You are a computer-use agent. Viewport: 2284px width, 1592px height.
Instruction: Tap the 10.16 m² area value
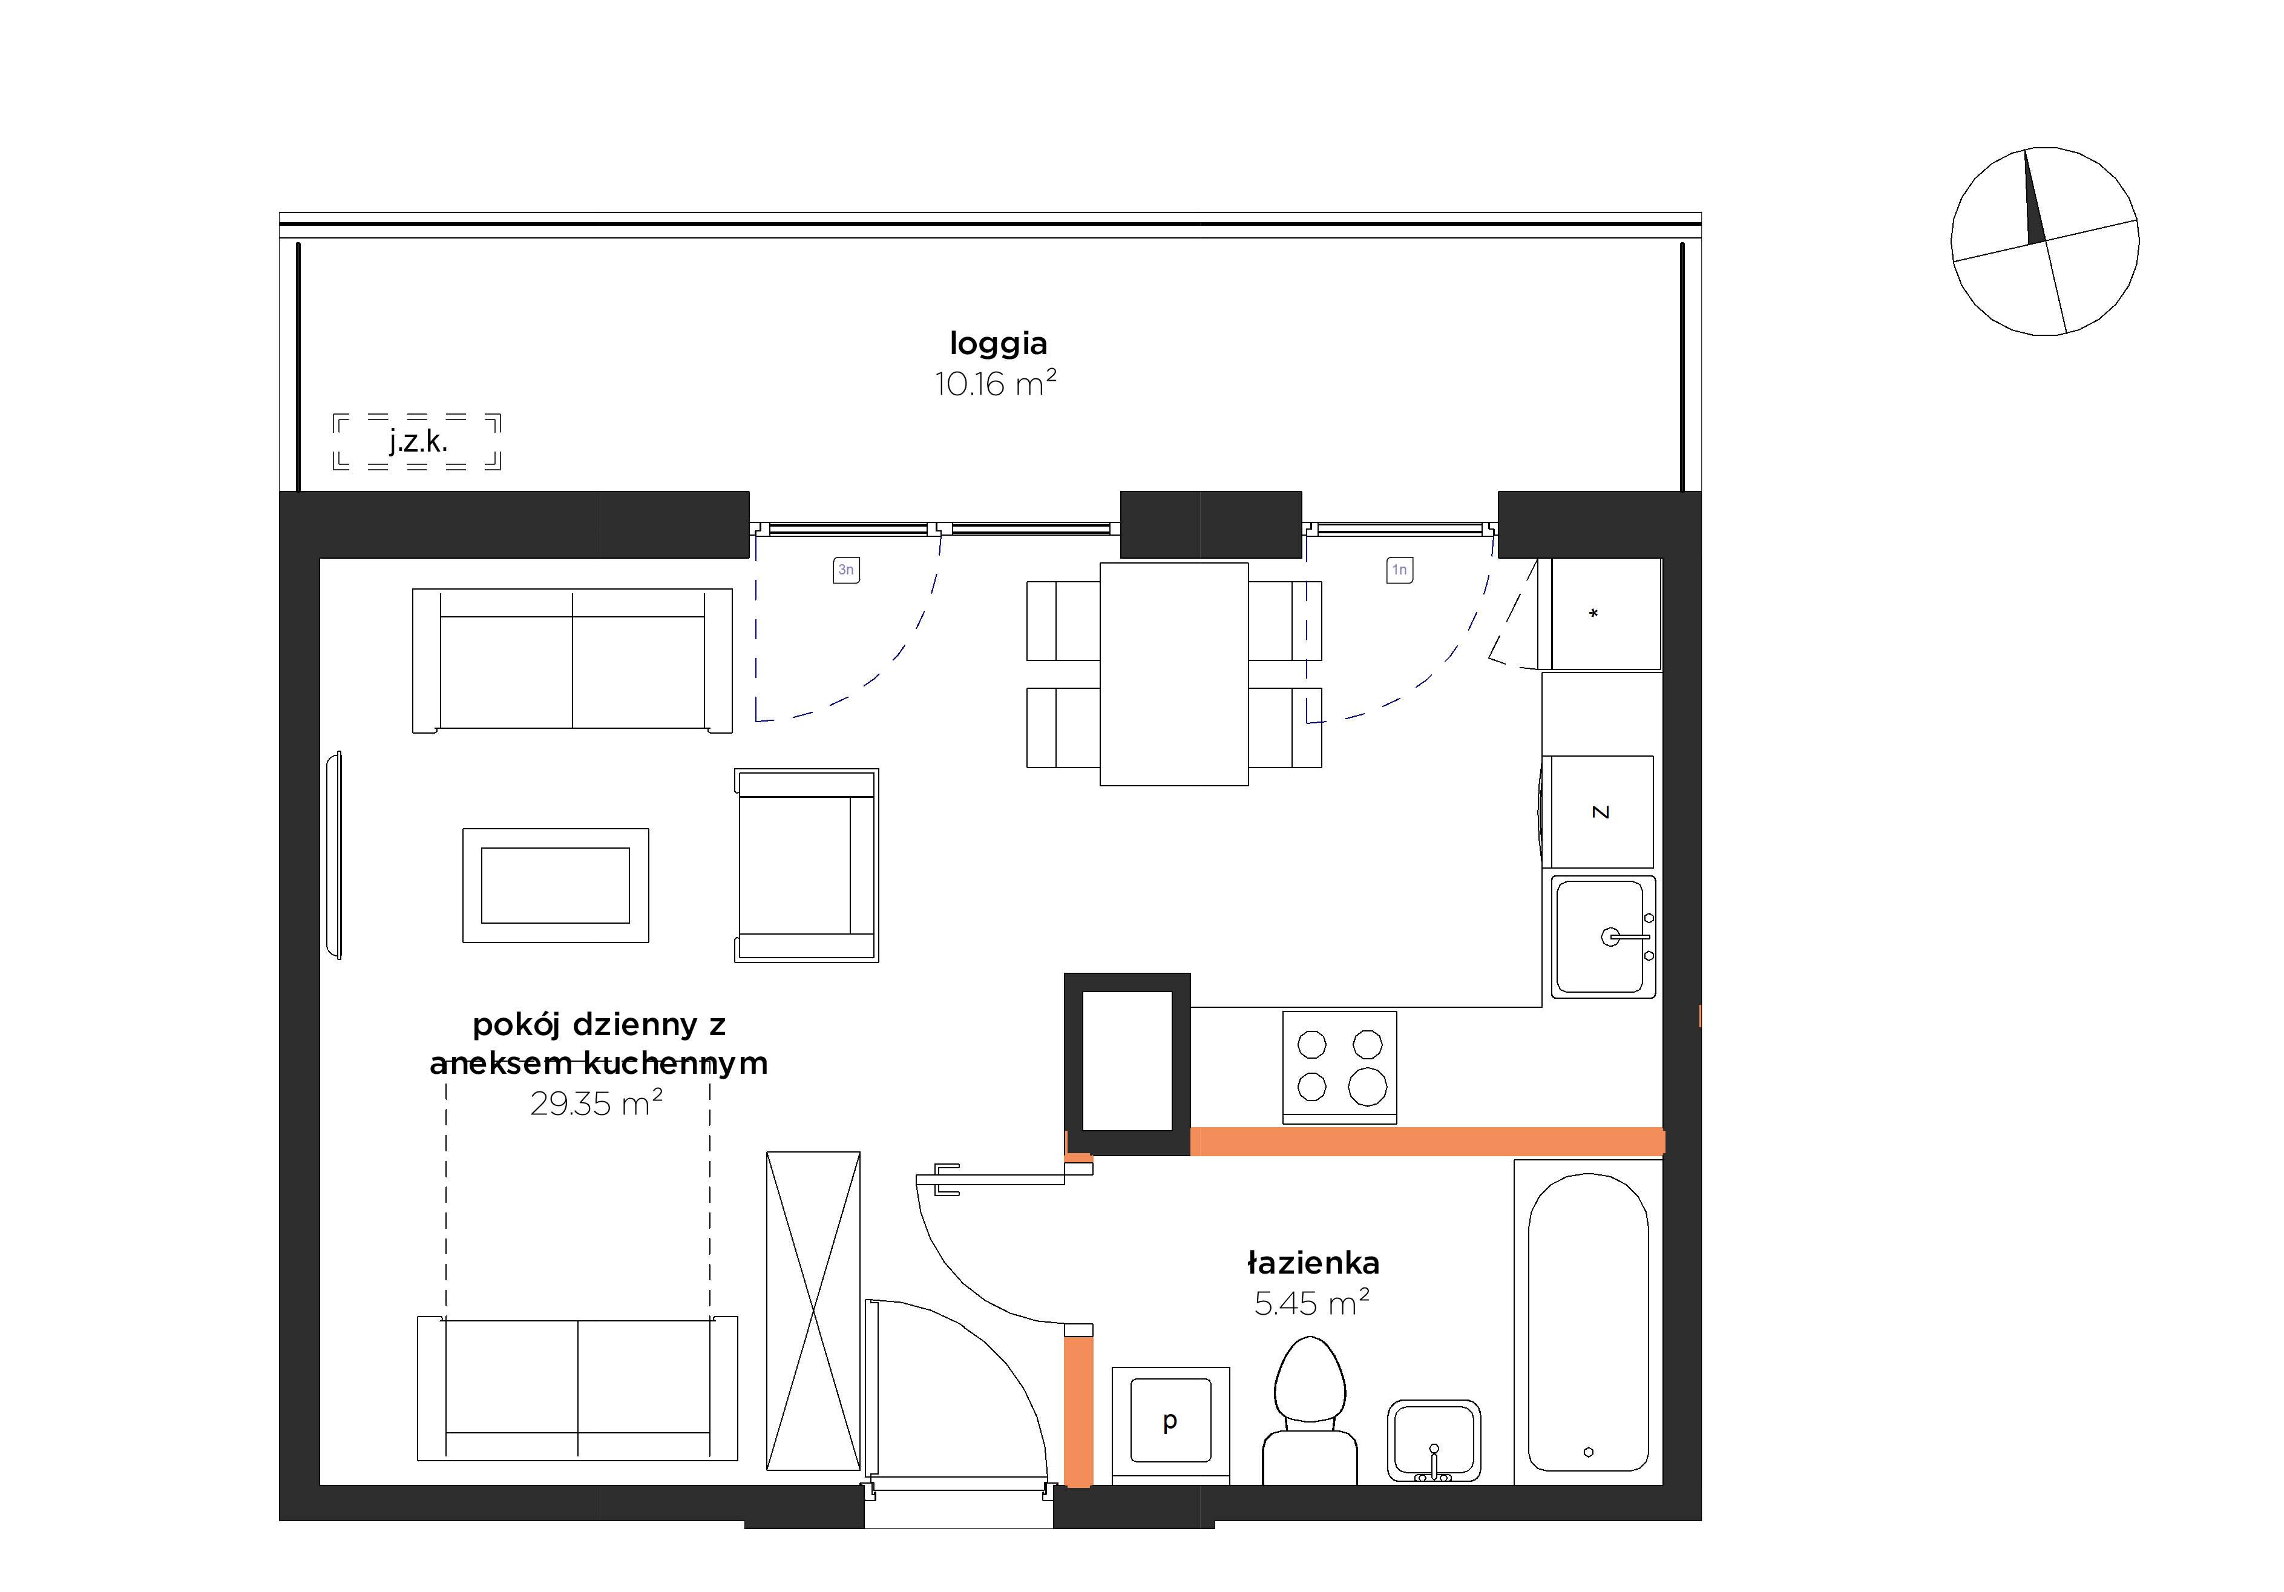995,383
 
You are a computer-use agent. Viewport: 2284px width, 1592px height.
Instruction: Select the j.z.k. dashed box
417,441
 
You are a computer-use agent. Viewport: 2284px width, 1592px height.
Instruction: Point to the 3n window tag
845,570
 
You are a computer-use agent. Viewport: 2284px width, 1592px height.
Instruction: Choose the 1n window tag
1400,570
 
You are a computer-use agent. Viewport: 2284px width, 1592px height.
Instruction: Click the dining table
1174,674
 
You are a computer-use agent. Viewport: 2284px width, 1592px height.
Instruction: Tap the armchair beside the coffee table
806,864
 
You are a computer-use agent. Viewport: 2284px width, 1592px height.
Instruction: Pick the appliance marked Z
1598,812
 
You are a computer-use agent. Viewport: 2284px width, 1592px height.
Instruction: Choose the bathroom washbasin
1434,1441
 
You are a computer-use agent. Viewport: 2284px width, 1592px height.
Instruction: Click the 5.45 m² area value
1312,1303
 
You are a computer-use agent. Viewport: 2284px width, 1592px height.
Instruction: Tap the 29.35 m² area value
597,1102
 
